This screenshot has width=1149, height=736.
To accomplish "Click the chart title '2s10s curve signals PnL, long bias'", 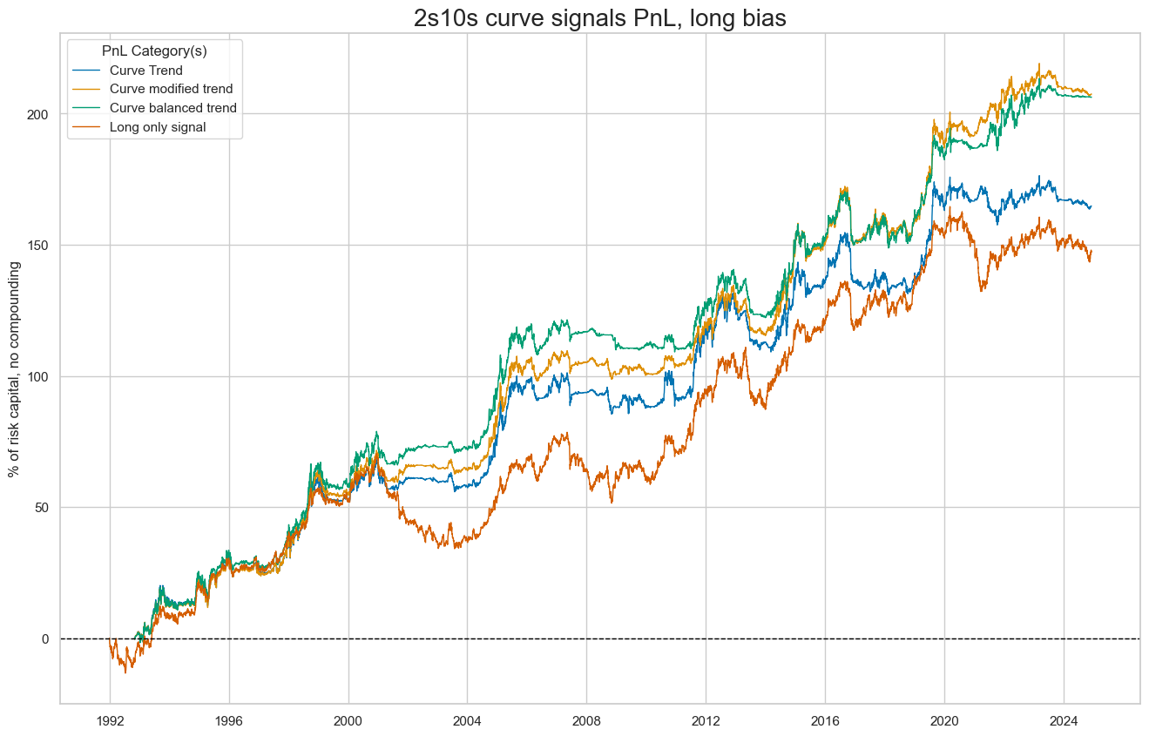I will [600, 17].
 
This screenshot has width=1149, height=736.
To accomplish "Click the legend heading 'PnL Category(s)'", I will [154, 51].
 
